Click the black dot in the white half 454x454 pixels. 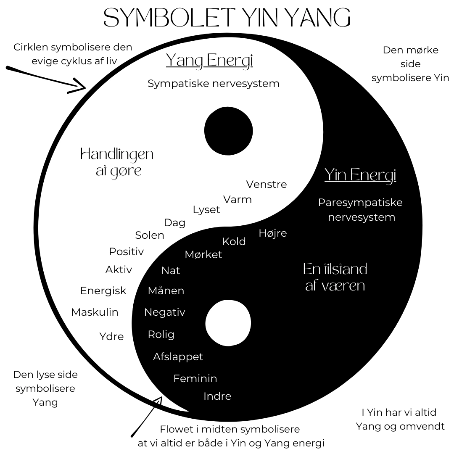228,131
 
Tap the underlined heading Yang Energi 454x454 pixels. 209,61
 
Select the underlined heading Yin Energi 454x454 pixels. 360,175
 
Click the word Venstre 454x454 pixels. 267,185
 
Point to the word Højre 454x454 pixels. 273,233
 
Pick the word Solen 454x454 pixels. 150,235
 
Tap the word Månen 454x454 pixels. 166,290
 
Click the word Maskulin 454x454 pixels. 95,312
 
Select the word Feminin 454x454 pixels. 195,378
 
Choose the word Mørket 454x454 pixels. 203,254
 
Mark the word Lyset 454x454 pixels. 206,210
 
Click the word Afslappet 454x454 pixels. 178,356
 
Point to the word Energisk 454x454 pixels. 103,290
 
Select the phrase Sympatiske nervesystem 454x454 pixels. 214,83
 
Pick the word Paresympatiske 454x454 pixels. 360,202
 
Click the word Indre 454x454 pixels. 217,396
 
